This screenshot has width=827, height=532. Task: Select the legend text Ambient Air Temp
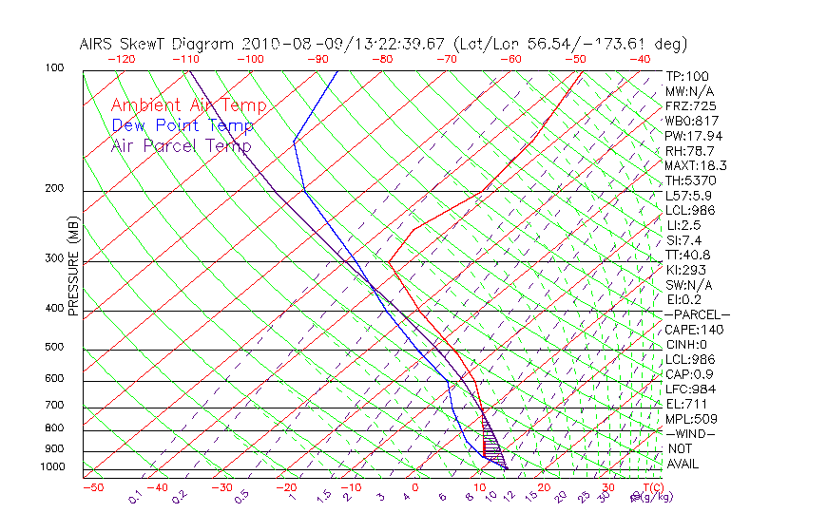pos(188,105)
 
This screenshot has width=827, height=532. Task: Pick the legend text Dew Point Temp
pos(183,125)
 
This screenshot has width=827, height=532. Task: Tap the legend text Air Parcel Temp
pos(181,145)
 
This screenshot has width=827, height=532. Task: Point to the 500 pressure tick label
pos(55,348)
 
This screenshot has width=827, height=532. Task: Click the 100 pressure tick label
pos(55,68)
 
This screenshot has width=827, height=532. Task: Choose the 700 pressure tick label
pos(55,406)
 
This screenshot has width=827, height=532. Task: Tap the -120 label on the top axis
pos(122,59)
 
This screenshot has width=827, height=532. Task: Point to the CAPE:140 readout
pos(694,330)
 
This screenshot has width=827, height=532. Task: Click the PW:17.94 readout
pos(694,136)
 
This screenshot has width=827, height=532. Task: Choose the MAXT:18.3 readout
pos(697,165)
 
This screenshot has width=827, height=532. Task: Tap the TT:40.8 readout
pos(689,255)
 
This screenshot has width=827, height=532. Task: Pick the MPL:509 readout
pos(691,419)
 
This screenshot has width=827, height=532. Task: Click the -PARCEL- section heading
pos(697,314)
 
